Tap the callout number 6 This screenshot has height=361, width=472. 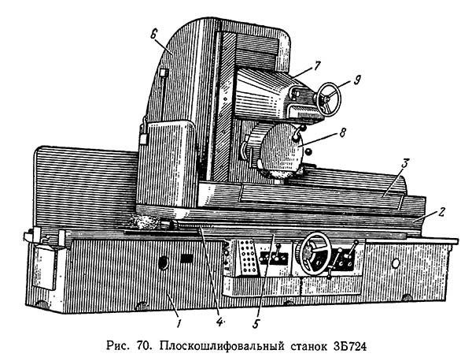[x=154, y=35]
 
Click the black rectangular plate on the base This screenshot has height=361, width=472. [x=187, y=258]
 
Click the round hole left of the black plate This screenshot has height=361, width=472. [x=164, y=262]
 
